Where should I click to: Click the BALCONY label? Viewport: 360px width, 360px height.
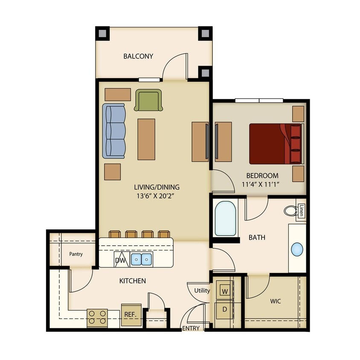click(138, 56)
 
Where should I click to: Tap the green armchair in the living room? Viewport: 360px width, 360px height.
click(148, 100)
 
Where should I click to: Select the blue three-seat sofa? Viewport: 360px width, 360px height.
click(114, 131)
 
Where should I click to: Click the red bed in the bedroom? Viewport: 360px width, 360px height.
click(275, 144)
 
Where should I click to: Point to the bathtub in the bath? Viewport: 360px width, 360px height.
click(225, 219)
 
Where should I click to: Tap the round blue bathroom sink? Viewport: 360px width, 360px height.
click(297, 249)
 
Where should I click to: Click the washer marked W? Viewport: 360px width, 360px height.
click(224, 292)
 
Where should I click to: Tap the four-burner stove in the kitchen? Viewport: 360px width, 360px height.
click(97, 318)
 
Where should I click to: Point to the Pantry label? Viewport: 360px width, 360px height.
click(76, 254)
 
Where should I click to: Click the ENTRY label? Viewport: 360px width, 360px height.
click(191, 328)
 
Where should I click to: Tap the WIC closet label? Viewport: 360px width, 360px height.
click(275, 301)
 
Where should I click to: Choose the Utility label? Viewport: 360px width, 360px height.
click(202, 291)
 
